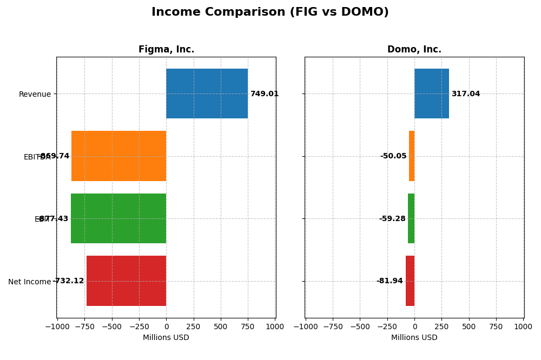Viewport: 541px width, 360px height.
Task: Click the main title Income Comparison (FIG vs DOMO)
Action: point(270,12)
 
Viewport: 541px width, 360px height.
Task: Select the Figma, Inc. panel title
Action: point(166,50)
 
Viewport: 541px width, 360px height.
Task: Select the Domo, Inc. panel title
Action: point(414,50)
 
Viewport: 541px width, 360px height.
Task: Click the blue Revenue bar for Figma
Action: point(207,94)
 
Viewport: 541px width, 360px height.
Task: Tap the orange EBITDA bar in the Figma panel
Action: point(118,156)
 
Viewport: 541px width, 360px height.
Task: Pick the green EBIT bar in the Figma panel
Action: point(118,218)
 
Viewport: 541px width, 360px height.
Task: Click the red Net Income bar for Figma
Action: point(126,281)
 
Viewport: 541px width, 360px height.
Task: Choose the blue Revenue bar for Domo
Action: point(431,94)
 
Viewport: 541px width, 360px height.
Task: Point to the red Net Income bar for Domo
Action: point(410,281)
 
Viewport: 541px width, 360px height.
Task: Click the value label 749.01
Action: point(264,94)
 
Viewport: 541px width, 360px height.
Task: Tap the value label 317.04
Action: point(465,94)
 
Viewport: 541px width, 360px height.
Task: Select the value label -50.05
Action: point(393,156)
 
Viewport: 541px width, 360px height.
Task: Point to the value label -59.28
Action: point(392,219)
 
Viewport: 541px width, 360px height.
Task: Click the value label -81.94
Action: point(390,281)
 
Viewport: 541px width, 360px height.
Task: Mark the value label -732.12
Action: point(69,281)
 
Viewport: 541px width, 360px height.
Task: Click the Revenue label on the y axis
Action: point(35,94)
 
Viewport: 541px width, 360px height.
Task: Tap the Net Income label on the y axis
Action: point(29,282)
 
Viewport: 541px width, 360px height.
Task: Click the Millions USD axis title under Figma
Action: point(166,338)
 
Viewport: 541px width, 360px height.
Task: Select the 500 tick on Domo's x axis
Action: point(469,326)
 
